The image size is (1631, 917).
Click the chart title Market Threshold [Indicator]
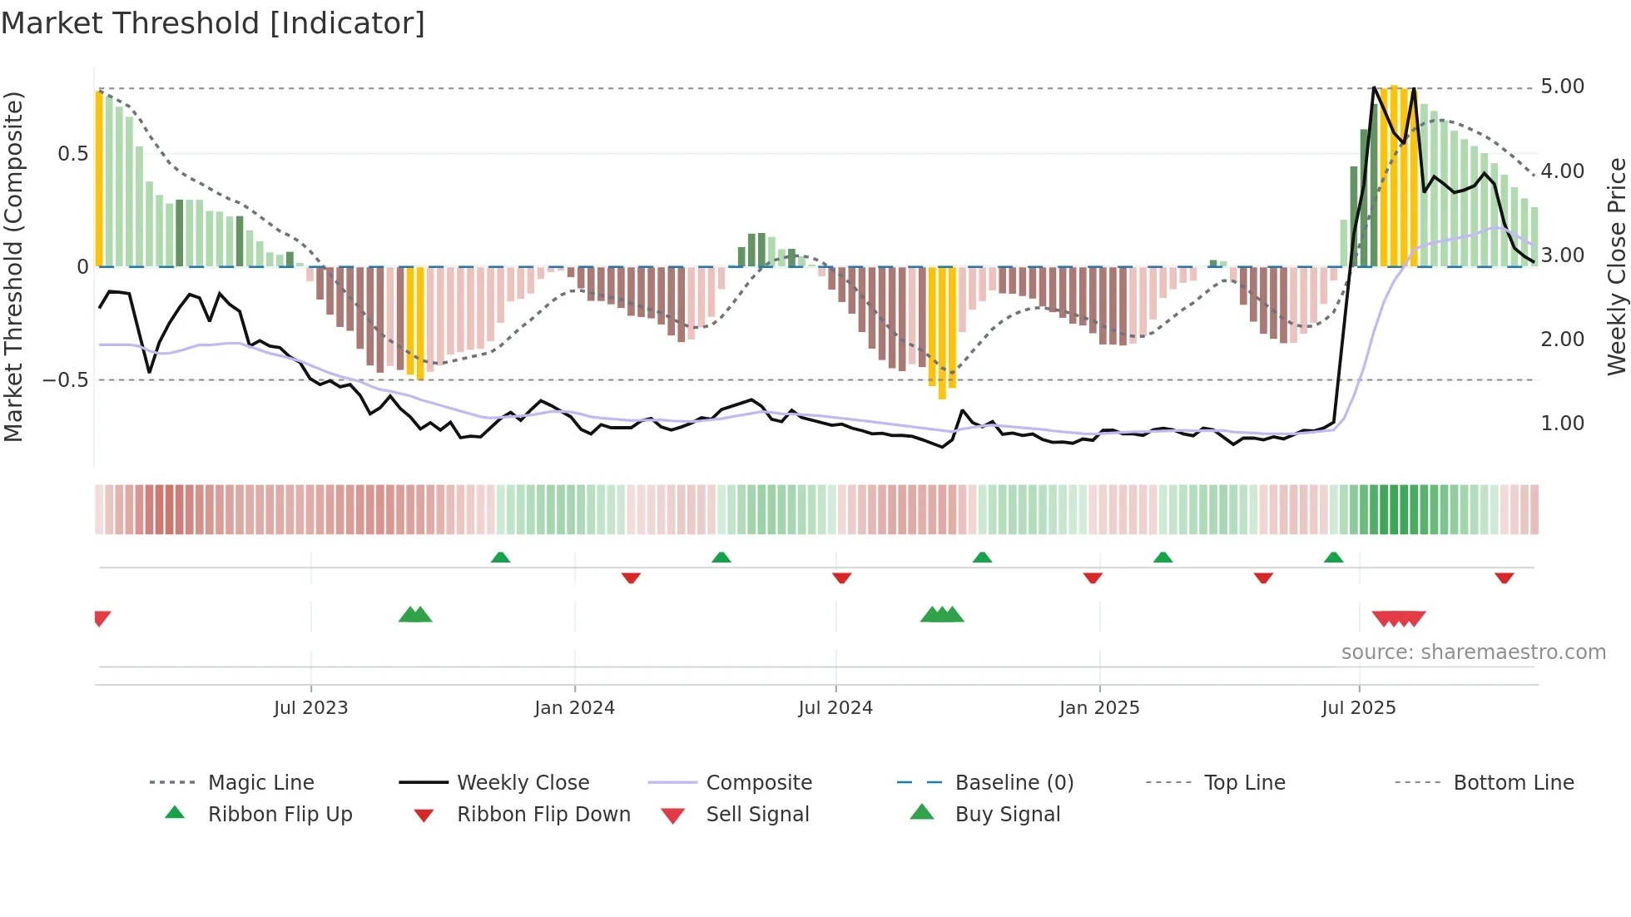213,23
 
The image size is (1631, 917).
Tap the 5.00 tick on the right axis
1562,87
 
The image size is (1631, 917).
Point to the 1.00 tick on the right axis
1562,424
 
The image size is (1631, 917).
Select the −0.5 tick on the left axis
65,380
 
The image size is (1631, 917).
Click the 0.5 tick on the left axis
72,154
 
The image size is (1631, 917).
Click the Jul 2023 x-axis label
310,708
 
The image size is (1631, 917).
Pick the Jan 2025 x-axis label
1098,708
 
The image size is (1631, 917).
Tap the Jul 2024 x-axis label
835,708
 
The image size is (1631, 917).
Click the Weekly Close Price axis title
1616,266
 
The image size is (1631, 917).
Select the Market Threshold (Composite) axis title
13,266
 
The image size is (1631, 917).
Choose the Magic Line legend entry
260,783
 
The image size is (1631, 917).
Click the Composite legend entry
758,783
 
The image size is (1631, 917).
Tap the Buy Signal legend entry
1007,815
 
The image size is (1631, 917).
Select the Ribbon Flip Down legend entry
543,815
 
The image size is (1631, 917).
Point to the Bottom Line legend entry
1513,783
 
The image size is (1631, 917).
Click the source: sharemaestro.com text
1473,652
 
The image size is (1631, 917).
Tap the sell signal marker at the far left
102,617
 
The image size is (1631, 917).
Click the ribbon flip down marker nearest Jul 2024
841,577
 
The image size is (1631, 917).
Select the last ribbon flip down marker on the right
1504,577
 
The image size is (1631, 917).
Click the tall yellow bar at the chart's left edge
99,179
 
